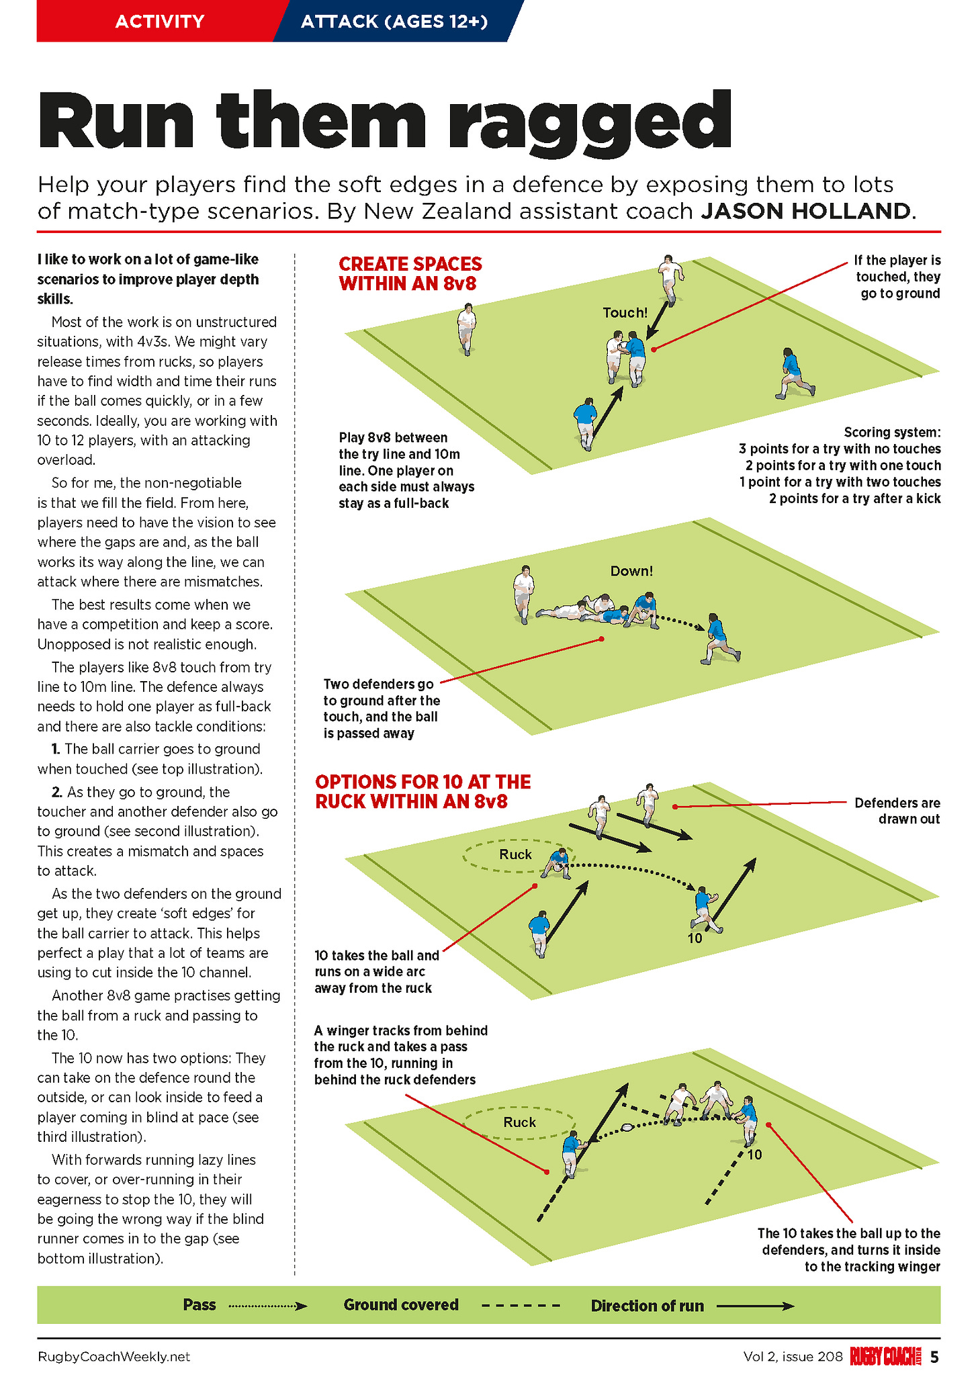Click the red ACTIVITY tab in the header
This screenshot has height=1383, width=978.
[160, 21]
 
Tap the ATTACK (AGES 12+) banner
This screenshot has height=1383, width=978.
[394, 21]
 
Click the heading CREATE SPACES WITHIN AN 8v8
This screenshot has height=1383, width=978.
[410, 273]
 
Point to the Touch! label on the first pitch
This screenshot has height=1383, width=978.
[625, 312]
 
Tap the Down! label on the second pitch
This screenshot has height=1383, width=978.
[631, 571]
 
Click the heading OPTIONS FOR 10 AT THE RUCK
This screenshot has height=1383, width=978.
[423, 791]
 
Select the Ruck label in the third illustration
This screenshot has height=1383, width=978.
[515, 854]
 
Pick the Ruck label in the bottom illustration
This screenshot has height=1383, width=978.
[519, 1122]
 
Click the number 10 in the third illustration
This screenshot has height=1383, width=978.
[695, 938]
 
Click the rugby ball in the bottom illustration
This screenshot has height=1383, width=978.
[627, 1128]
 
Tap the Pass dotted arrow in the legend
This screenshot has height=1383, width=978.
[267, 1306]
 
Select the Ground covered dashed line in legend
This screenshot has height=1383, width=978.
[521, 1306]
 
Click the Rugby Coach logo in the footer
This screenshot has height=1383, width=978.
[886, 1357]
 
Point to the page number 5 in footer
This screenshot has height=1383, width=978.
[934, 1357]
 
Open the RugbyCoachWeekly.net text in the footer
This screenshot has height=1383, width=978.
[114, 1357]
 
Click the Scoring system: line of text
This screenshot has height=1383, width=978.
[892, 432]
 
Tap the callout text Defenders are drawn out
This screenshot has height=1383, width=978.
[897, 811]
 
